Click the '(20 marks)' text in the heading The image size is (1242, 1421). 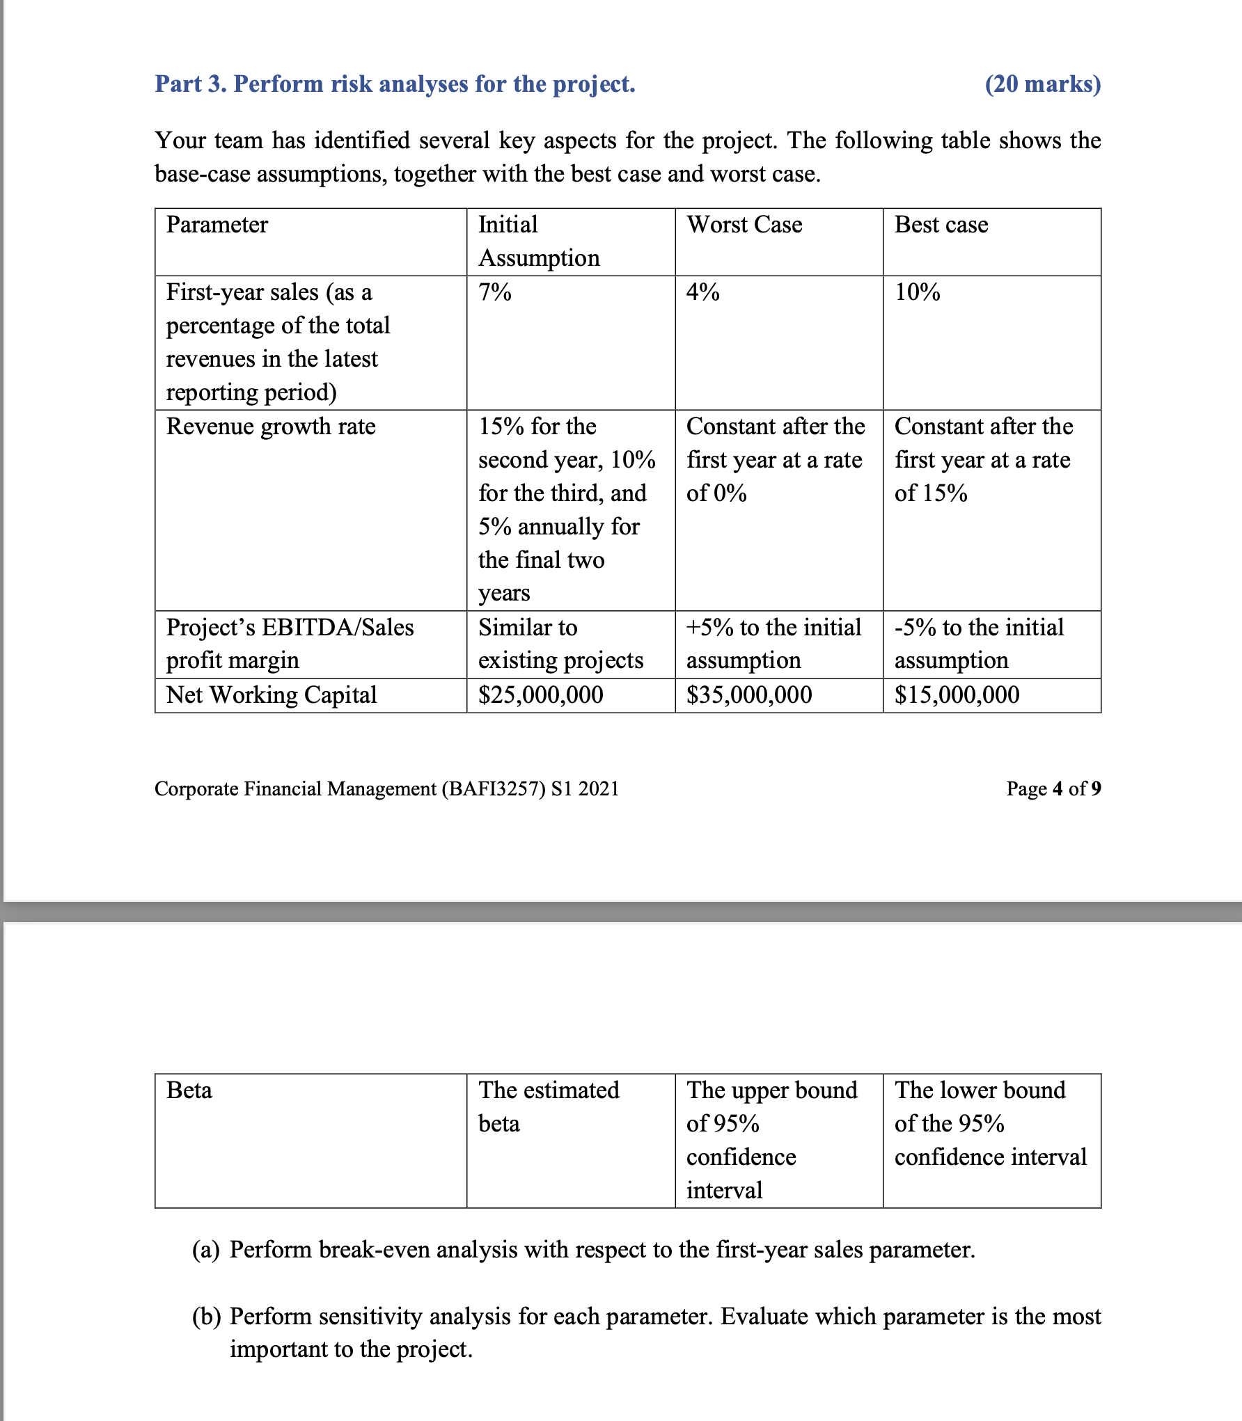(x=1042, y=84)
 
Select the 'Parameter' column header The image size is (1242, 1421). (x=217, y=225)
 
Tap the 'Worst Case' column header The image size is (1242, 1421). (x=744, y=225)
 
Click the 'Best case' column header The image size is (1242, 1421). (x=941, y=225)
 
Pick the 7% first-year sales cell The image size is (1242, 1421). (x=494, y=292)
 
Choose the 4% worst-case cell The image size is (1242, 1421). (x=702, y=292)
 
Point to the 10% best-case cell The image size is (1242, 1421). (x=917, y=292)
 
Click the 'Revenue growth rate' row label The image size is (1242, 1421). (x=271, y=426)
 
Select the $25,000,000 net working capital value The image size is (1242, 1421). (x=540, y=694)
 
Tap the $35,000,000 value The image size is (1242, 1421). (x=748, y=694)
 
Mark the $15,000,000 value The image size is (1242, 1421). (x=957, y=694)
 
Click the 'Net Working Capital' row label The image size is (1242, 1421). (x=271, y=694)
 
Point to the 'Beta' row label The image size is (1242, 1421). (x=189, y=1090)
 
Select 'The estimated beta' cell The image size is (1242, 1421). (x=548, y=1106)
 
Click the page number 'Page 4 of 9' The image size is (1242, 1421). (x=1053, y=788)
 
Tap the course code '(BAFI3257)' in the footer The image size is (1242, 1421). (x=493, y=788)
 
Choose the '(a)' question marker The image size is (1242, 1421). (x=206, y=1250)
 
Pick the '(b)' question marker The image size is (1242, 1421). (x=206, y=1317)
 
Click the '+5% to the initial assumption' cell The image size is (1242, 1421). (x=773, y=644)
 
